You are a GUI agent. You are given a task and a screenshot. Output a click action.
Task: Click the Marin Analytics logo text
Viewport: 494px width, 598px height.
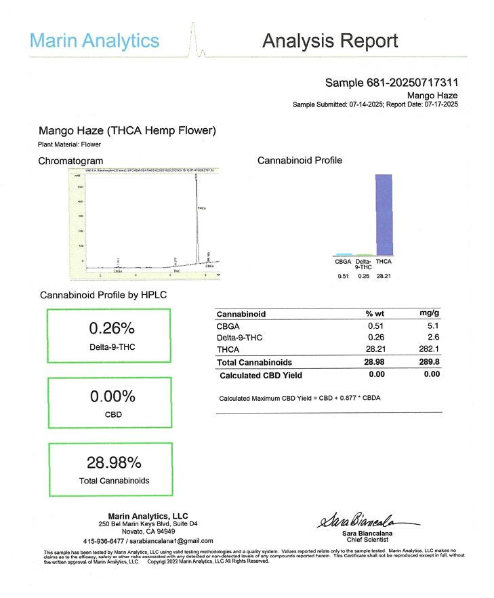[x=95, y=41]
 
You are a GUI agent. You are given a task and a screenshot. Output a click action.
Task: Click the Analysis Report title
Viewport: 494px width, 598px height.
[x=330, y=41]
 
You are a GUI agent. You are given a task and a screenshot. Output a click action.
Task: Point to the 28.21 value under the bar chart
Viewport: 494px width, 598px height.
[x=384, y=276]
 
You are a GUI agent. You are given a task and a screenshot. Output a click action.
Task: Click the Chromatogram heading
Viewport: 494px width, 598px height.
[x=70, y=161]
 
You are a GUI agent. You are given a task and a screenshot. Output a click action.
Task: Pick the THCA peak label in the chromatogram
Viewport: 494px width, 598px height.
[x=203, y=207]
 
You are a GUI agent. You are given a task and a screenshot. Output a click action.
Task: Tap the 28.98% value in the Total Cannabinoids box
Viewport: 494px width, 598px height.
[x=114, y=463]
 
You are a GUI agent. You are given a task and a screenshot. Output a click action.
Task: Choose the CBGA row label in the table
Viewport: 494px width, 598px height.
[x=228, y=326]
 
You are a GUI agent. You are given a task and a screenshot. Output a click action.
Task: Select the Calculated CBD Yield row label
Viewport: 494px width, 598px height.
[x=261, y=375]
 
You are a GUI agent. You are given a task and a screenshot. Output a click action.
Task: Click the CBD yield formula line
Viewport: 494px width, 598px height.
[x=300, y=398]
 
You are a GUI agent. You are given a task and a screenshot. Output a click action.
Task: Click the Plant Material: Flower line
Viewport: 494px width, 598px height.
[x=70, y=144]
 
